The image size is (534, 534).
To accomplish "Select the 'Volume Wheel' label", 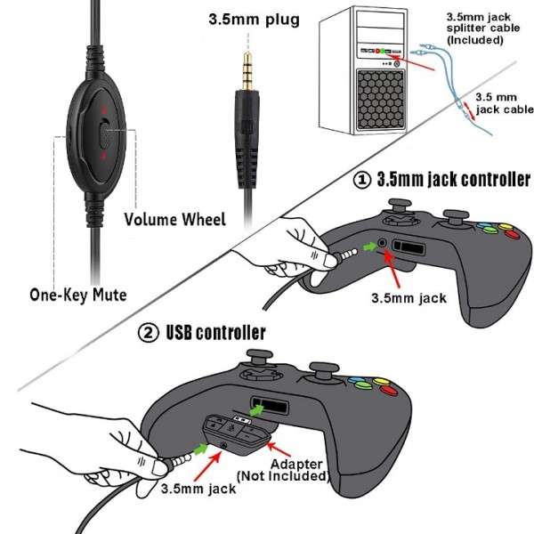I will (x=174, y=219).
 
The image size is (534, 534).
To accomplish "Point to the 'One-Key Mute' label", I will (x=77, y=294).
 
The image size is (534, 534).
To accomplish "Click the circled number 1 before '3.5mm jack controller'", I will (x=362, y=180).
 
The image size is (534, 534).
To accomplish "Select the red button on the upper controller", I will (x=510, y=234).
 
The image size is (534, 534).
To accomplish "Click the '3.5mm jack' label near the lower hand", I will (x=198, y=489).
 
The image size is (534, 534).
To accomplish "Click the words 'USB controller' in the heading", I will (x=215, y=334).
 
